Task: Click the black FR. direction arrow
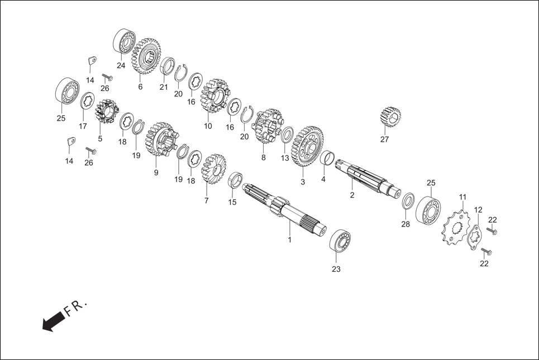pyautogui.click(x=54, y=321)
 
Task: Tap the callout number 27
pyautogui.click(x=384, y=140)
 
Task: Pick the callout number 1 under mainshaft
pyautogui.click(x=289, y=239)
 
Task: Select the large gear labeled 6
pyautogui.click(x=146, y=56)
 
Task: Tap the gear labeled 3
pyautogui.click(x=307, y=146)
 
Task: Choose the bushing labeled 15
pyautogui.click(x=236, y=181)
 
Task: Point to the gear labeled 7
pyautogui.click(x=213, y=169)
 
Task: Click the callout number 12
pyautogui.click(x=478, y=210)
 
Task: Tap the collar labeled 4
pyautogui.click(x=327, y=158)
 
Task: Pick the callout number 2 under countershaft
pyautogui.click(x=352, y=195)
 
